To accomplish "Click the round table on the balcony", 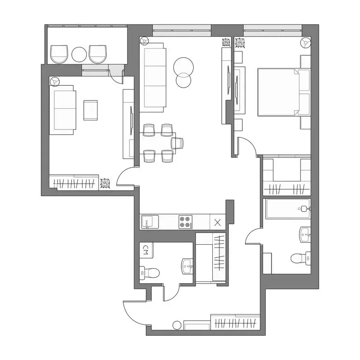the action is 79,54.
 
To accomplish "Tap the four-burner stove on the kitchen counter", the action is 186,222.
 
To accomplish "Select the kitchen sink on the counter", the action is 150,222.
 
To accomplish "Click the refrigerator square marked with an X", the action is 217,222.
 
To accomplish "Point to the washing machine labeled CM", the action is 146,250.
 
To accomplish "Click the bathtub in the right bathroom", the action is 288,209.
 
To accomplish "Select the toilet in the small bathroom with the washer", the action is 150,273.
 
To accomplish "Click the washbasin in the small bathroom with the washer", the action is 187,266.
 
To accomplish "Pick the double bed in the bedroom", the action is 284,92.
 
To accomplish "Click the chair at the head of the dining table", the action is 177,143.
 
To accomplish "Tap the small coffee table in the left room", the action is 90,110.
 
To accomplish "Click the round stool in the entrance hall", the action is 177,325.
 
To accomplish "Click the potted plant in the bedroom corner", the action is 306,43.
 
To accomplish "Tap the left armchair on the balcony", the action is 59,54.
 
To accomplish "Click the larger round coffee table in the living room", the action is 183,67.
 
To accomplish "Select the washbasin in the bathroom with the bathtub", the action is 305,235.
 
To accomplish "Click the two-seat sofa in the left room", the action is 62,110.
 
